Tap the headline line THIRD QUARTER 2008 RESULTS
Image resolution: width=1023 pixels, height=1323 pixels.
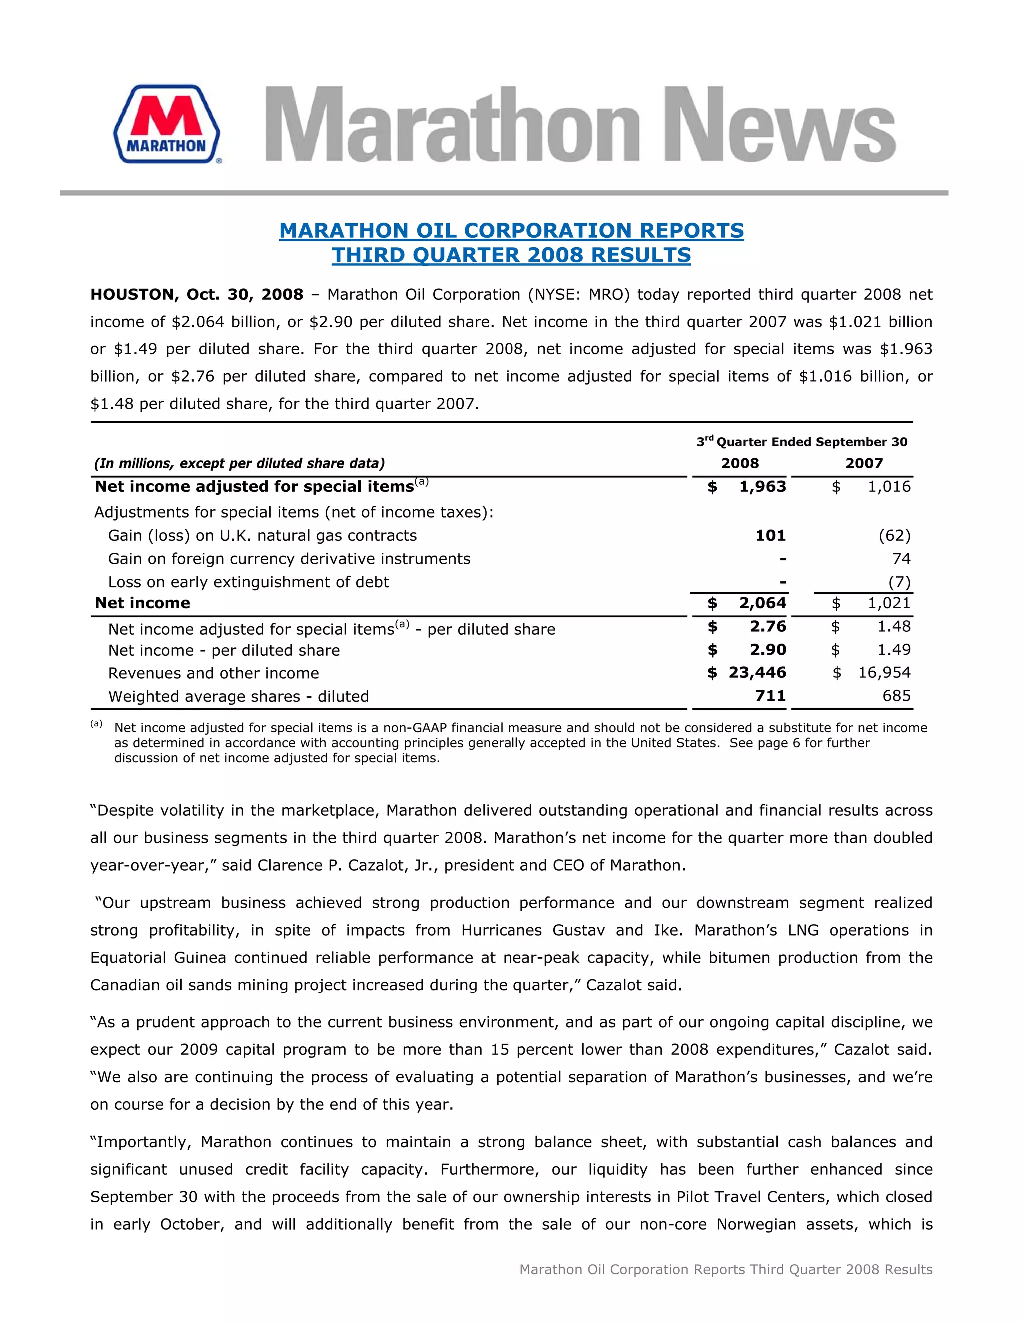(511, 255)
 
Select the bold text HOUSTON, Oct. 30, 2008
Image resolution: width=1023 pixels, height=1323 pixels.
(196, 295)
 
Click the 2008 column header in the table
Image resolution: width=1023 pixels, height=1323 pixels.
(739, 463)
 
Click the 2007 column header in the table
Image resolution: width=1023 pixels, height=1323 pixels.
(864, 463)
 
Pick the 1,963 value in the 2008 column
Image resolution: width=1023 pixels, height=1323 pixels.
(762, 486)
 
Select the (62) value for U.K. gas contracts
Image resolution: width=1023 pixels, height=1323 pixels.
(894, 536)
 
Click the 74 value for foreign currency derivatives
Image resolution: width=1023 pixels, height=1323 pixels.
(901, 559)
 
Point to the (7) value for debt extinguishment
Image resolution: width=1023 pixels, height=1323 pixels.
(899, 582)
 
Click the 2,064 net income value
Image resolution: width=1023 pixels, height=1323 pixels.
(762, 603)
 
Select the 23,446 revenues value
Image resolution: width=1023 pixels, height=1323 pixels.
(757, 673)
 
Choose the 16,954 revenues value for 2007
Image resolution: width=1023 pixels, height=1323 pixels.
(884, 673)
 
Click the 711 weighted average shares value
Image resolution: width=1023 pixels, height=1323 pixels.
(770, 696)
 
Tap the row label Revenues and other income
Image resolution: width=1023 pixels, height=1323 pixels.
(213, 673)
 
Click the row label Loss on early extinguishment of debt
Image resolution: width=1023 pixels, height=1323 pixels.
(248, 582)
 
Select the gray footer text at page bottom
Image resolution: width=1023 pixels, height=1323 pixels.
(725, 1269)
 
